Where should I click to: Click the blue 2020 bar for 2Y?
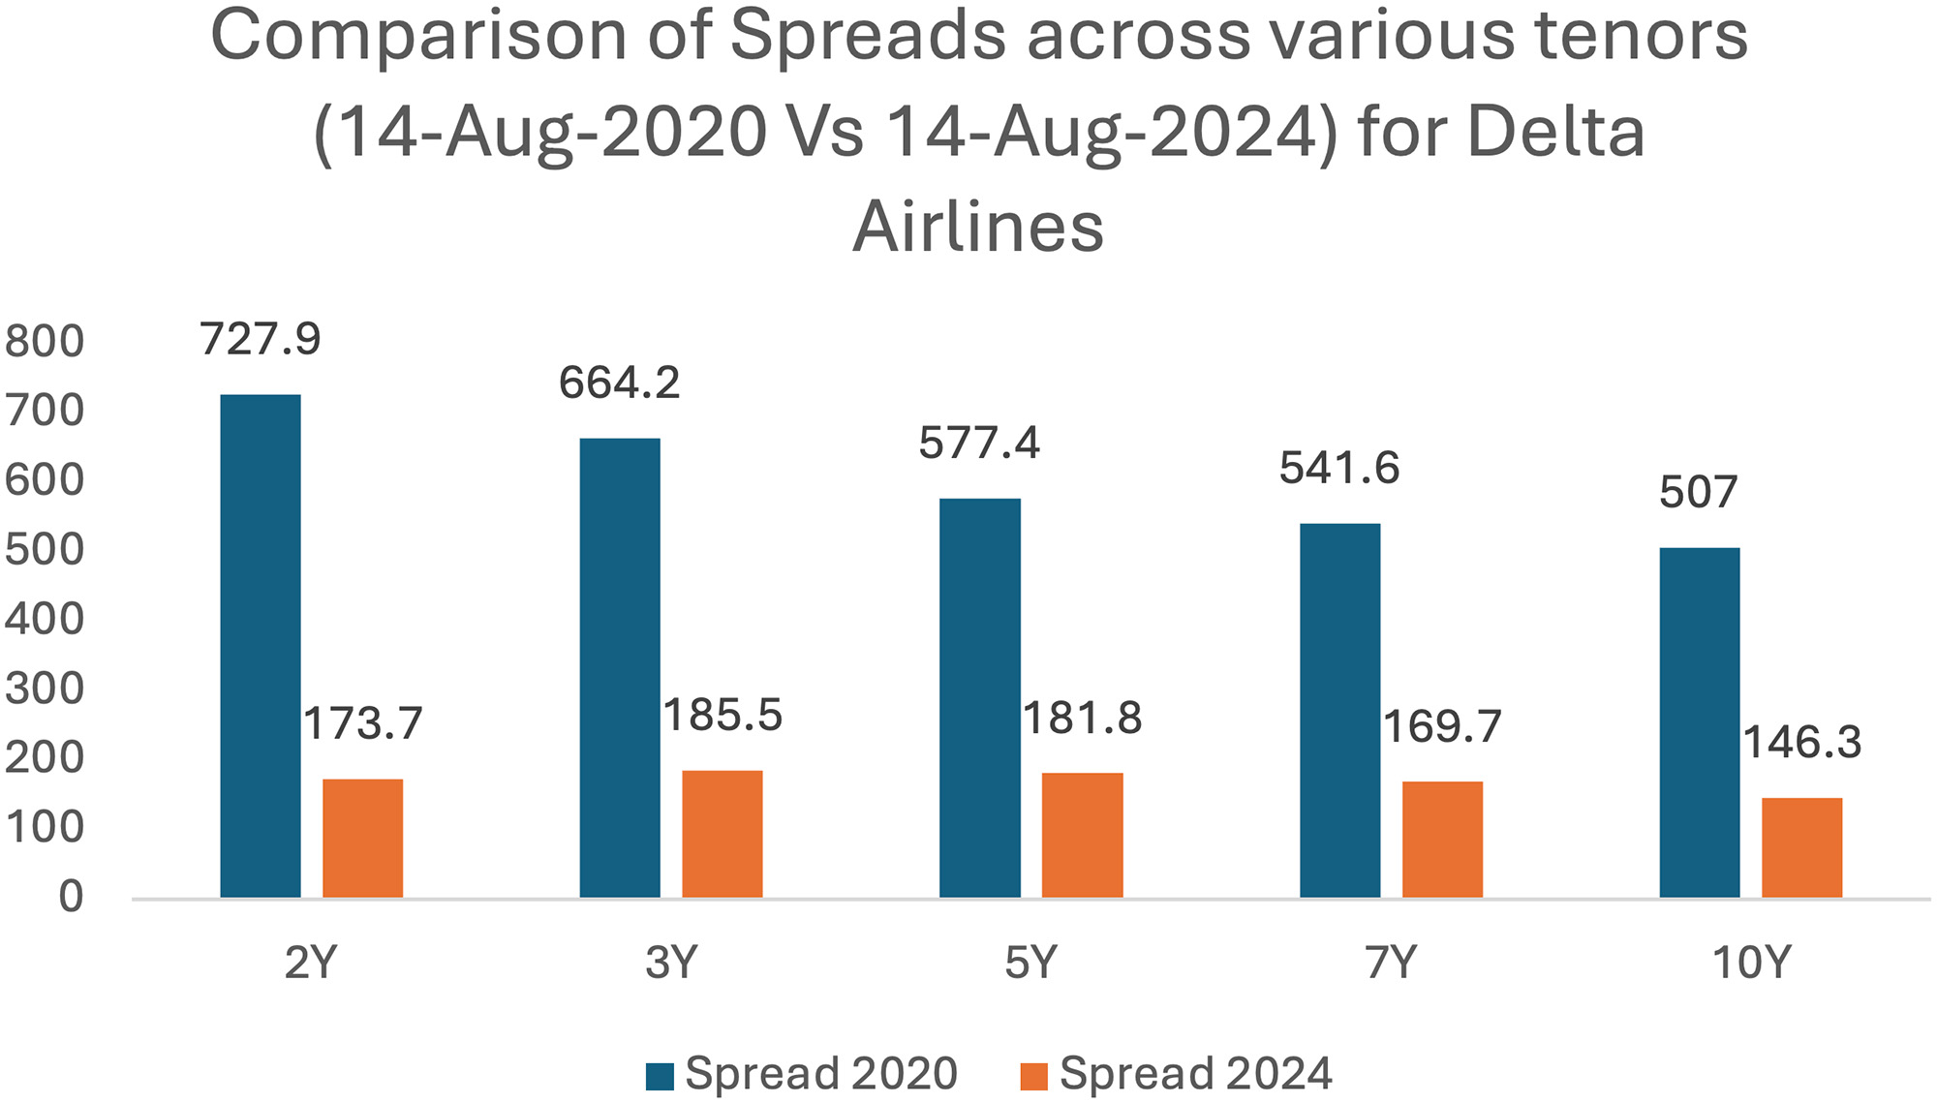tap(261, 646)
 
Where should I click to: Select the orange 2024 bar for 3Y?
tap(723, 834)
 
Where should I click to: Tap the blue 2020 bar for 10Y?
tap(1700, 722)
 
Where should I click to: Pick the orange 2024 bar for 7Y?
tap(1442, 839)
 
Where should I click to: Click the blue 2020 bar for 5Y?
tap(980, 698)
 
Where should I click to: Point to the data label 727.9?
tap(261, 340)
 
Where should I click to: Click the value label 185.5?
tap(723, 717)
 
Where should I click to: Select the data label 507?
tap(1699, 493)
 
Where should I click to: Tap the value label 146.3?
tap(1802, 744)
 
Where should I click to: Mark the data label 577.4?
tap(979, 444)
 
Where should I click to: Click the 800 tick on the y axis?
tap(45, 342)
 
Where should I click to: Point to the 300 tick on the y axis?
tap(45, 689)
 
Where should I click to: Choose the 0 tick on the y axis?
tap(71, 898)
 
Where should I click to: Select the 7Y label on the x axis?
tap(1391, 963)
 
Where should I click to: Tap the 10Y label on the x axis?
tap(1751, 963)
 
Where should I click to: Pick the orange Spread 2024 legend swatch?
tap(1034, 1076)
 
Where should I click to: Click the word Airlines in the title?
tap(978, 228)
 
